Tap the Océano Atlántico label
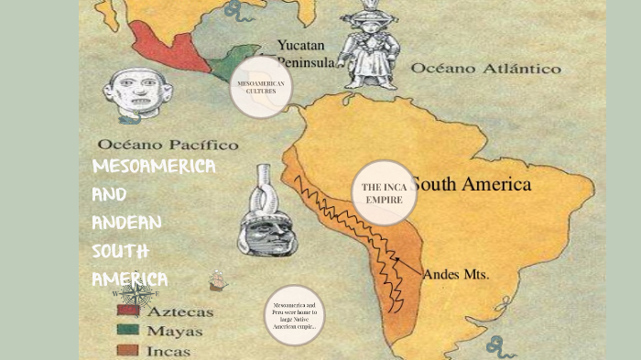tap(485, 68)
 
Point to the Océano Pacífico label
tap(168, 145)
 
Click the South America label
tap(471, 184)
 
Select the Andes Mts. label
tap(456, 274)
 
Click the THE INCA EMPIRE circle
tap(385, 192)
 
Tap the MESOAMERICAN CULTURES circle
tap(261, 87)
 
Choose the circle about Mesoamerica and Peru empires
tap(295, 315)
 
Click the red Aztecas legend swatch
tap(127, 311)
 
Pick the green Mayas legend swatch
tap(127, 330)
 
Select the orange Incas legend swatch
tap(127, 349)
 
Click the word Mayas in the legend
tap(175, 331)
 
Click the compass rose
tap(136, 294)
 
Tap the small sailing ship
tap(217, 279)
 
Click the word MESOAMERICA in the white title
tap(154, 166)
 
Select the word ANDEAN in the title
tap(126, 223)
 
